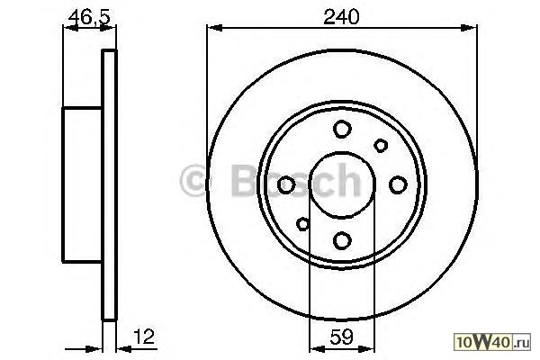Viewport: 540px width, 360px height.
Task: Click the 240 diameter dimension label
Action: pos(341,16)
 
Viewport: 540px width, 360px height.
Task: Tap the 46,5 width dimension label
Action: pos(89,17)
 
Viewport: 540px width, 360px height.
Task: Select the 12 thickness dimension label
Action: pos(144,337)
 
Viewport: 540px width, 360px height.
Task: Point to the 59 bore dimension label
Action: pos(341,337)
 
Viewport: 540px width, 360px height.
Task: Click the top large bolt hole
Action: pos(342,130)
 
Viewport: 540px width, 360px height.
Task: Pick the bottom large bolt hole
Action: pos(342,240)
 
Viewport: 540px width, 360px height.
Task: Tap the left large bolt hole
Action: pos(286,184)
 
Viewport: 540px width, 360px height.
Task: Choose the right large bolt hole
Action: pos(398,184)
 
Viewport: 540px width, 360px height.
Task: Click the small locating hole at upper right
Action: pos(381,146)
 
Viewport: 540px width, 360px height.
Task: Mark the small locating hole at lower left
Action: pos(303,224)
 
